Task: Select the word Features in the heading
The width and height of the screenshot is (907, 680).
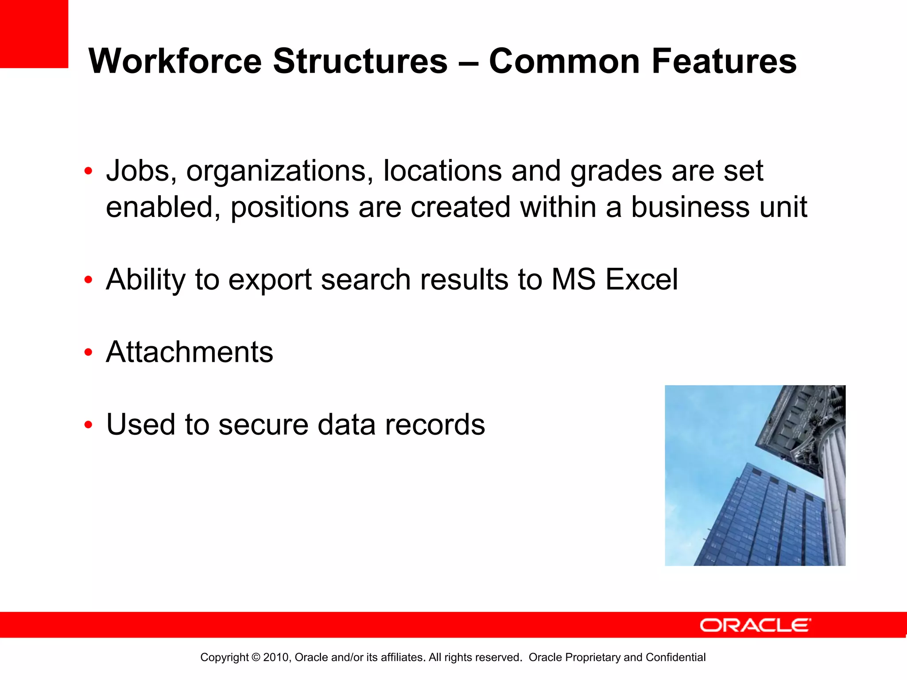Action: point(724,61)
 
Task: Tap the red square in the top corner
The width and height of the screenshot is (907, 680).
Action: point(34,34)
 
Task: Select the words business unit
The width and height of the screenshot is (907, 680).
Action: point(719,207)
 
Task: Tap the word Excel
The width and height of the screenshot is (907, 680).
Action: point(641,280)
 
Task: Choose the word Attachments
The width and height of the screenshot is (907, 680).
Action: point(190,352)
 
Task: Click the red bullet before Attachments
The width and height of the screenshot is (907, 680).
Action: point(89,353)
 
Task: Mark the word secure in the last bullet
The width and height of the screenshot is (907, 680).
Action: point(263,425)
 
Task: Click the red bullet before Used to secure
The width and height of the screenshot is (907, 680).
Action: point(89,425)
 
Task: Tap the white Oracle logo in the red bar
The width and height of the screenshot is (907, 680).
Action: point(755,625)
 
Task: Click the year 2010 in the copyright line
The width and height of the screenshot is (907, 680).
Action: point(276,657)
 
